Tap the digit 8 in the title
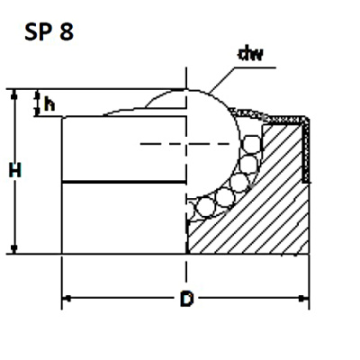click(67, 33)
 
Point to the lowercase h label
click(49, 103)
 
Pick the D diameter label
click(185, 300)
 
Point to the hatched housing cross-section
click(261, 207)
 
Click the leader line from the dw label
click(220, 77)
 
